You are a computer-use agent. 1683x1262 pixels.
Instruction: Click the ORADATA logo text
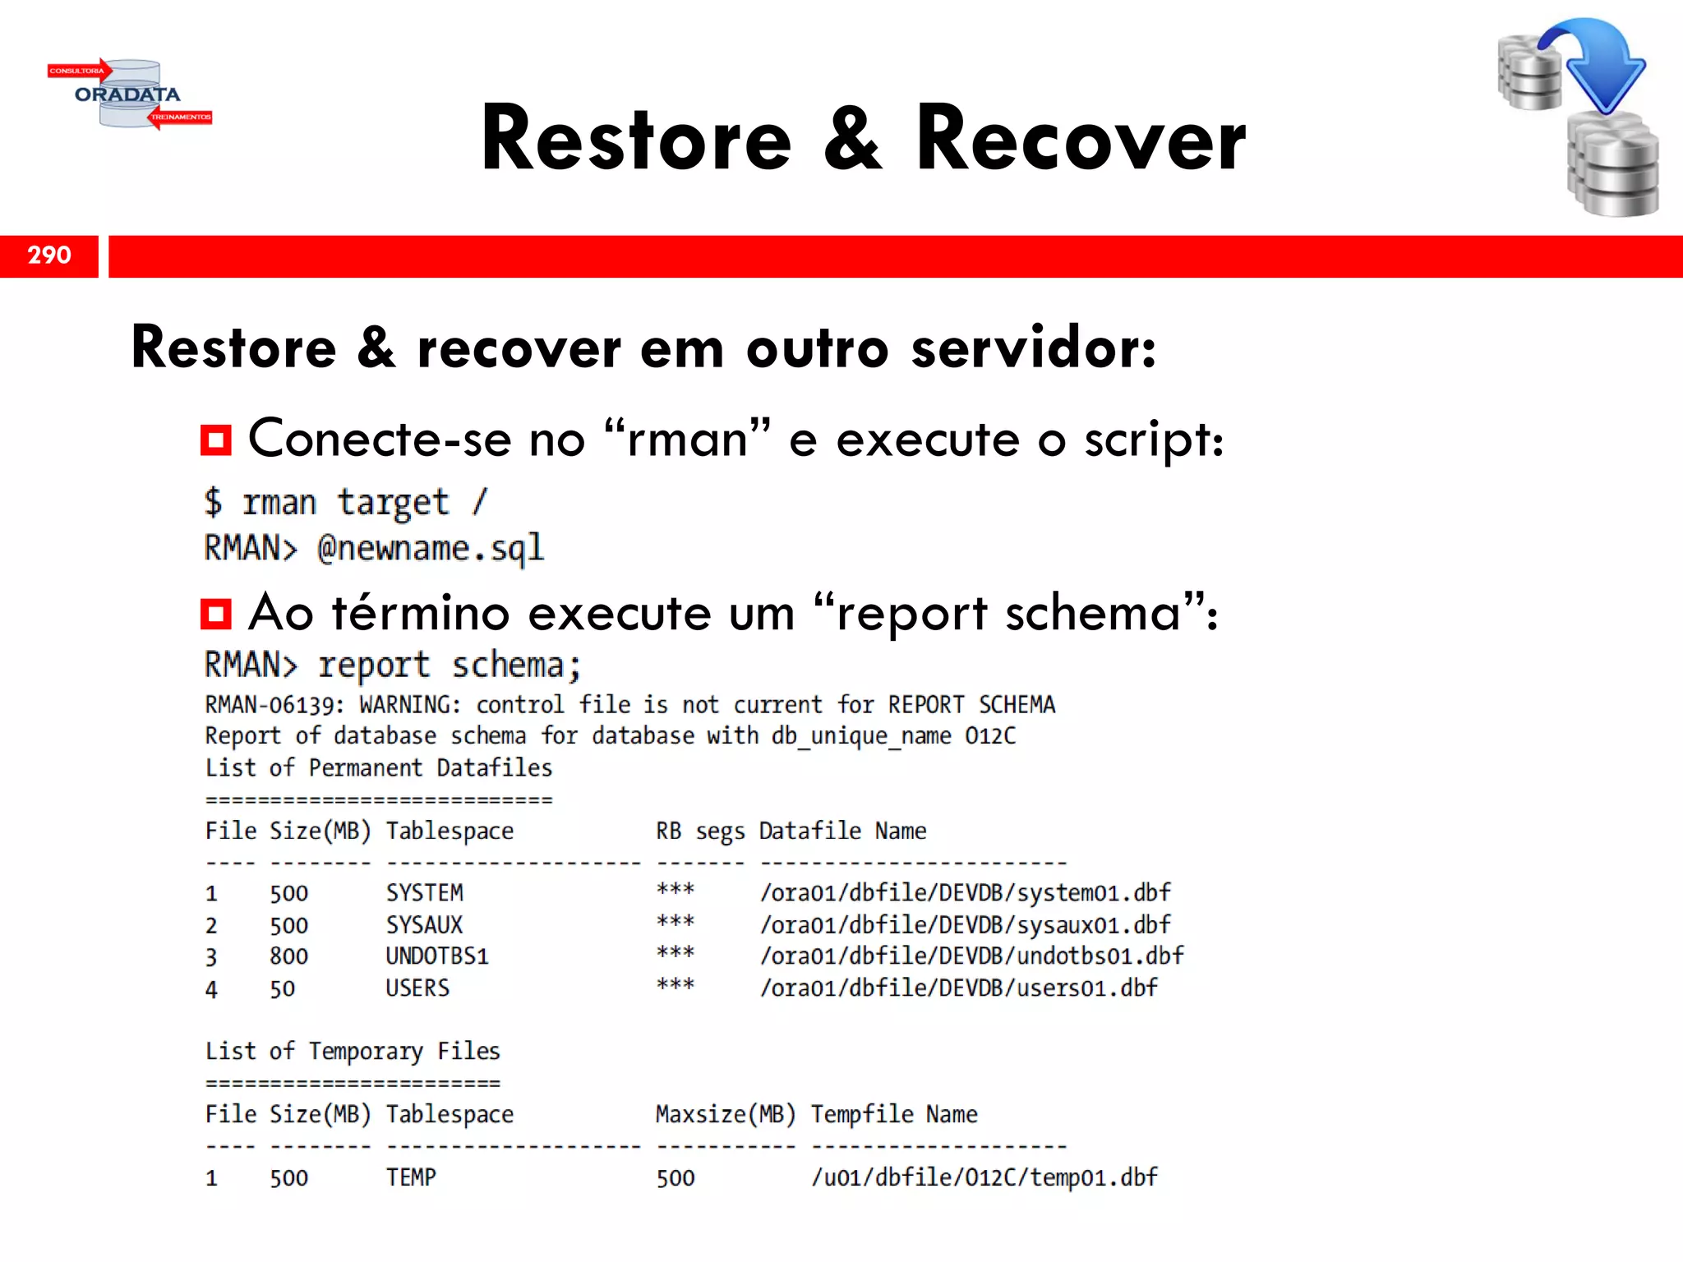click(127, 94)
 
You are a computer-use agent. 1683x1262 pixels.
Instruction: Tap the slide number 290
click(49, 255)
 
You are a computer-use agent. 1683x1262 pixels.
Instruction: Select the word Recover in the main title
click(1081, 140)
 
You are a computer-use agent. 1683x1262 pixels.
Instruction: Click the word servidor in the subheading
click(1033, 348)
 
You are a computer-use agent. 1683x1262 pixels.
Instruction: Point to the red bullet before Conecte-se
click(216, 440)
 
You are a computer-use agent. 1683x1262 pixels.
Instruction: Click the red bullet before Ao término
click(216, 614)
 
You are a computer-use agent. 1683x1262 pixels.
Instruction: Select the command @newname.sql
click(431, 548)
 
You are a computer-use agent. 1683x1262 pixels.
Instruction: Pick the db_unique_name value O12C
click(990, 735)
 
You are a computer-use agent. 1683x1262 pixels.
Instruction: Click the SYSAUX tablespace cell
click(424, 925)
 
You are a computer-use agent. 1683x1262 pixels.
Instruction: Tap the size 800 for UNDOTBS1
click(288, 956)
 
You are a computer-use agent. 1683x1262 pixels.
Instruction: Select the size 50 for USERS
click(282, 988)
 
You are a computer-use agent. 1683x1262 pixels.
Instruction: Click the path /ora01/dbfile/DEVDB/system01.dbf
click(965, 893)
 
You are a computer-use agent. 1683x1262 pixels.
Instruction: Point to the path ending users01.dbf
click(958, 988)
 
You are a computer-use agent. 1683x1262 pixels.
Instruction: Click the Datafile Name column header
click(842, 831)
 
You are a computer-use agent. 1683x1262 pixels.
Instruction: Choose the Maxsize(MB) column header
click(726, 1114)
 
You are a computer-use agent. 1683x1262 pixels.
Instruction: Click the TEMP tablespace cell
click(411, 1177)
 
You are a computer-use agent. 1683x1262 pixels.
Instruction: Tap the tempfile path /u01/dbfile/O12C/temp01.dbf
click(984, 1177)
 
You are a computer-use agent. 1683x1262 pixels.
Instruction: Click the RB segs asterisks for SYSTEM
click(676, 891)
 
